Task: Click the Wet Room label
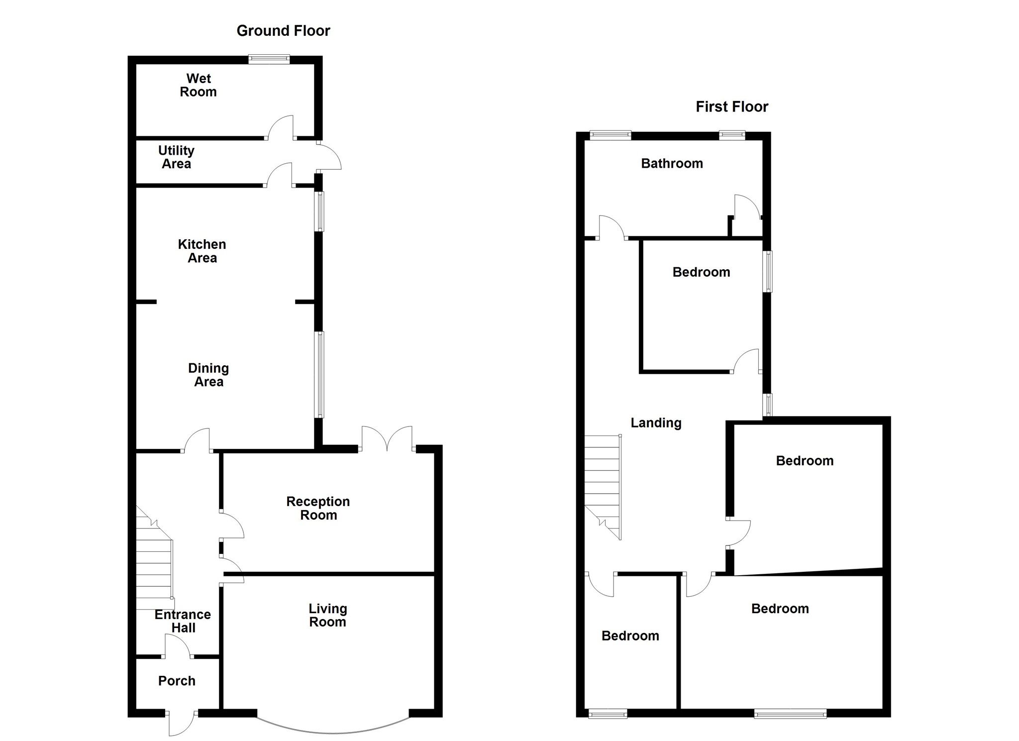(198, 85)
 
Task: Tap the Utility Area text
(176, 157)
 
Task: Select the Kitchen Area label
(202, 251)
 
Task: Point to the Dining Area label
(208, 375)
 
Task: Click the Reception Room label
(318, 508)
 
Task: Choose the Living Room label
(327, 615)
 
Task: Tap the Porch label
(177, 681)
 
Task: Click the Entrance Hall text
(183, 621)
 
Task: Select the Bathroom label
(672, 163)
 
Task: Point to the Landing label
(656, 423)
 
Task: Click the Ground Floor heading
(283, 31)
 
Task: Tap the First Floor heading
(731, 106)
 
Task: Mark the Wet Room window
(269, 59)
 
